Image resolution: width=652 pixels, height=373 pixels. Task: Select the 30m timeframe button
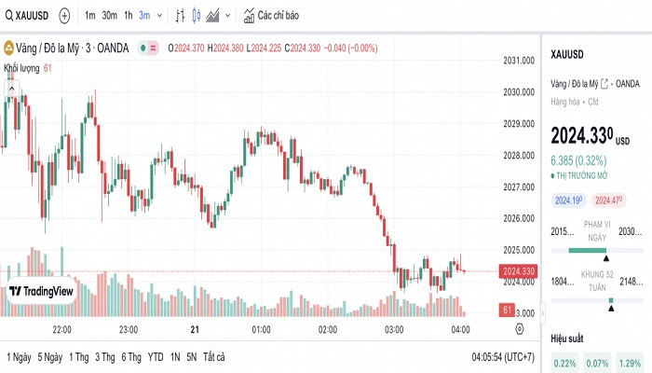(109, 15)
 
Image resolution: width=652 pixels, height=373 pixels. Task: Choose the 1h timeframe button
(128, 15)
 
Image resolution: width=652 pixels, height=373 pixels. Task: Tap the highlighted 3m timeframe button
(144, 15)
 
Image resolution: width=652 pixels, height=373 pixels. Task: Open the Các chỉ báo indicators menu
(270, 15)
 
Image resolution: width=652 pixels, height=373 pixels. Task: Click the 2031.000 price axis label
(518, 61)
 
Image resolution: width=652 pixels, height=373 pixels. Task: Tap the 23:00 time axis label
(129, 330)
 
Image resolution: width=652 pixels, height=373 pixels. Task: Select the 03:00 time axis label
(394, 330)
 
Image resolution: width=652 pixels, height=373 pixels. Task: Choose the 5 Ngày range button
(50, 357)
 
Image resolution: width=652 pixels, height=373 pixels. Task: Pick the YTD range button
(156, 357)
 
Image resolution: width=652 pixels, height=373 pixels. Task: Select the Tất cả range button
(214, 357)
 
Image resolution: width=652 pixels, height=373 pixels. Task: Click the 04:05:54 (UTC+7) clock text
(503, 357)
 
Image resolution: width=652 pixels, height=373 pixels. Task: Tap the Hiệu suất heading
(568, 338)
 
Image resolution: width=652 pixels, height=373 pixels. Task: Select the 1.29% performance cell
(631, 362)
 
